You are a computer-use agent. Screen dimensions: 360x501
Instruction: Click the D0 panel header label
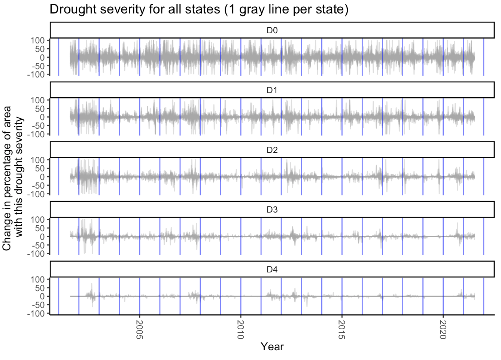pos(272,30)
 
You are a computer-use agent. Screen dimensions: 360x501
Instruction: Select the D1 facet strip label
pos(272,90)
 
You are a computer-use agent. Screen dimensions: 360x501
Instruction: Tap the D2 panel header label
pos(272,150)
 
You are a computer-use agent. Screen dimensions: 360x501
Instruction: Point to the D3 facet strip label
pos(272,210)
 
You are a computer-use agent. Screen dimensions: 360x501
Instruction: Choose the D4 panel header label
pos(272,269)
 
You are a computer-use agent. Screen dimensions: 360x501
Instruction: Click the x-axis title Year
pos(272,347)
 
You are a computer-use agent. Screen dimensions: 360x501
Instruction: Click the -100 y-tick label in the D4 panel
pos(36,314)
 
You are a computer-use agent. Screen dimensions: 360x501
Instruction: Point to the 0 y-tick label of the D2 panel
pos(42,177)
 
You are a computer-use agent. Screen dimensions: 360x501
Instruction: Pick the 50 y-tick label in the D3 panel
pos(40,228)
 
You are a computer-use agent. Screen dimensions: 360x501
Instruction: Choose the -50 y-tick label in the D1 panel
pos(38,126)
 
